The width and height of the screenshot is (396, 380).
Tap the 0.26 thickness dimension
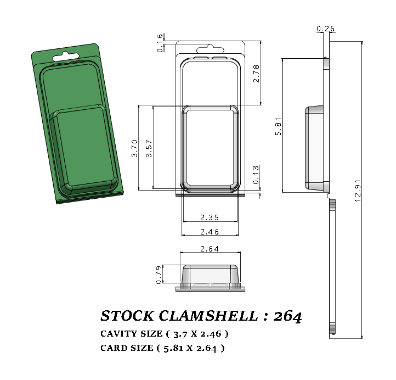[325, 29]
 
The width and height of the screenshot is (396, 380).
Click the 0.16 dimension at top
[160, 43]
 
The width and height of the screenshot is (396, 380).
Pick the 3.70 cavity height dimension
[135, 148]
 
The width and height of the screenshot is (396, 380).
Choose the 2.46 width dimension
[210, 232]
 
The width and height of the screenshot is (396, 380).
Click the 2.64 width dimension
[210, 249]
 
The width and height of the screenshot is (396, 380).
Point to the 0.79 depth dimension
[159, 275]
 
